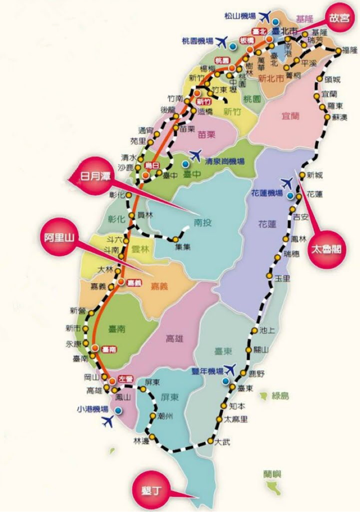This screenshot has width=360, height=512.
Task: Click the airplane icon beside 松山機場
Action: point(265,16)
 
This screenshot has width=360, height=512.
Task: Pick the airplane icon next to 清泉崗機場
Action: point(196,156)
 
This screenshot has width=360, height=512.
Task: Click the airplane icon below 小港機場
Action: point(108,421)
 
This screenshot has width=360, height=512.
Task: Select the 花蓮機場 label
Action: point(267,193)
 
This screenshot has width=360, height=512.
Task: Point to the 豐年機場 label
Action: point(207,371)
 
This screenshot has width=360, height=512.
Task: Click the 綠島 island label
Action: point(279,396)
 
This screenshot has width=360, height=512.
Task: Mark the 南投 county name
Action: point(202,222)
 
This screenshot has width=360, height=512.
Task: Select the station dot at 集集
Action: point(175,239)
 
